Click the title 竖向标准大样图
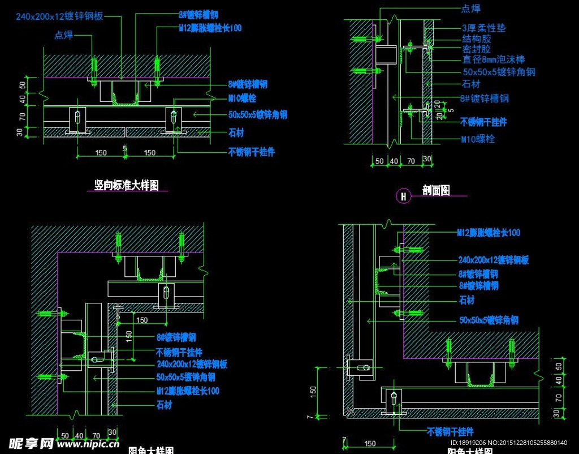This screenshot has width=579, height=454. [x=126, y=185]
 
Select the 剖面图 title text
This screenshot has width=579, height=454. [x=436, y=191]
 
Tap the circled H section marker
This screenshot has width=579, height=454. [x=404, y=196]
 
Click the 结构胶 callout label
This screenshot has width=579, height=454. [x=477, y=38]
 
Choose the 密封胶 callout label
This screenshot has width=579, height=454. [x=477, y=49]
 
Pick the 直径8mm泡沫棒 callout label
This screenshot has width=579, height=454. [x=494, y=59]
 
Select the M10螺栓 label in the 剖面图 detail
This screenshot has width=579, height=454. [x=478, y=139]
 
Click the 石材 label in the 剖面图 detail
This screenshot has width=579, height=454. [x=472, y=84]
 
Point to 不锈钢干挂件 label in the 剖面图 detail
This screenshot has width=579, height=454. [x=483, y=122]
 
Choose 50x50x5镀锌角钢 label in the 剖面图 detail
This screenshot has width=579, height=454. [x=499, y=72]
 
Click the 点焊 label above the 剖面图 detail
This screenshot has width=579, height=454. [x=471, y=8]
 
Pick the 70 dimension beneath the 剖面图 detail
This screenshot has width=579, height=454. [x=411, y=161]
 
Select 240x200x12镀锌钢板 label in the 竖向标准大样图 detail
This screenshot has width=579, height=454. [x=59, y=16]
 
